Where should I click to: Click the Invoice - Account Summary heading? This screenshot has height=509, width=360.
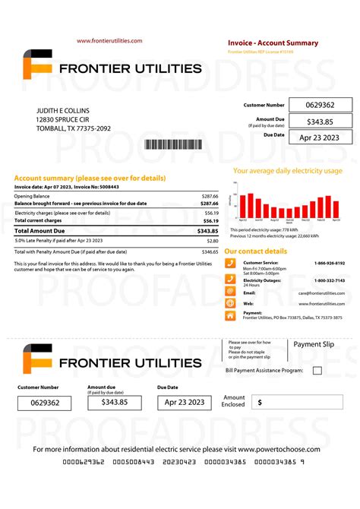coord(273,43)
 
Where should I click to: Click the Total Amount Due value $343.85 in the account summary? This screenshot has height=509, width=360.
coord(207,230)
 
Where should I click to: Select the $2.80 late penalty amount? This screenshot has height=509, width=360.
coord(212,240)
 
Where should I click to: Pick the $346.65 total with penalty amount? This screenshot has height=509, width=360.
coord(210,251)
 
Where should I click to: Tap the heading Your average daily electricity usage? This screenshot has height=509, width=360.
coord(288,171)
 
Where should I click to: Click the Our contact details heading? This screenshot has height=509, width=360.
coord(256,251)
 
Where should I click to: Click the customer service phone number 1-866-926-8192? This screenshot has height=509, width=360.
coord(330,263)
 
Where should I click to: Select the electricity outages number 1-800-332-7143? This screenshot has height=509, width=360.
coord(330,280)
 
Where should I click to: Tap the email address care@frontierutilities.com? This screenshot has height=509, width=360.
coord(321,292)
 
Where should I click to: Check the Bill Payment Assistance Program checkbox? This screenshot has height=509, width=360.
coord(317,370)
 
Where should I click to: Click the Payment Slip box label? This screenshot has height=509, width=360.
coord(313,344)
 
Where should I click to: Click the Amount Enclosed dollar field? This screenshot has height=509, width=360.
coord(298,402)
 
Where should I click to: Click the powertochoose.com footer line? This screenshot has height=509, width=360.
coord(180,449)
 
